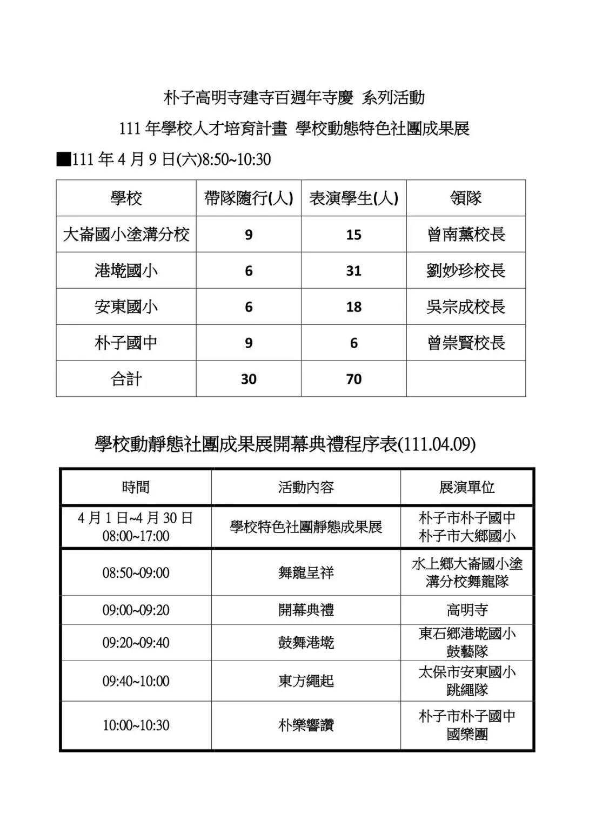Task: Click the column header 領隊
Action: click(466, 198)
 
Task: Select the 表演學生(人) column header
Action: click(353, 198)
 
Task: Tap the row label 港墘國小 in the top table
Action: click(126, 270)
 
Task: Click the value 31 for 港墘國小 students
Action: click(353, 271)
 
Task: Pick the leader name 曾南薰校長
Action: click(466, 235)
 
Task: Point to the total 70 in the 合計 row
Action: click(353, 379)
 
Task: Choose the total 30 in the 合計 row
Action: click(249, 379)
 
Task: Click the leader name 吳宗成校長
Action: click(466, 307)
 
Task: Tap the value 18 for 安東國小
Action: click(353, 307)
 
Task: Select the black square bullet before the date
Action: click(64, 159)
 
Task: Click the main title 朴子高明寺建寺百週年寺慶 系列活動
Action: click(294, 98)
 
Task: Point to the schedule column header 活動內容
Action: click(306, 488)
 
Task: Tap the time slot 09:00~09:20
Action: click(136, 610)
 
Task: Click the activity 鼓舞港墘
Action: click(306, 643)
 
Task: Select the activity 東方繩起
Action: click(306, 681)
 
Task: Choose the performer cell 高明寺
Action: click(467, 610)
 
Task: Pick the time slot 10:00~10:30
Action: click(136, 725)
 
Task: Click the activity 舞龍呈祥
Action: click(306, 573)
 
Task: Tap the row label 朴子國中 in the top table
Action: click(126, 343)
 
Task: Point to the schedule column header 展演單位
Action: click(467, 488)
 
